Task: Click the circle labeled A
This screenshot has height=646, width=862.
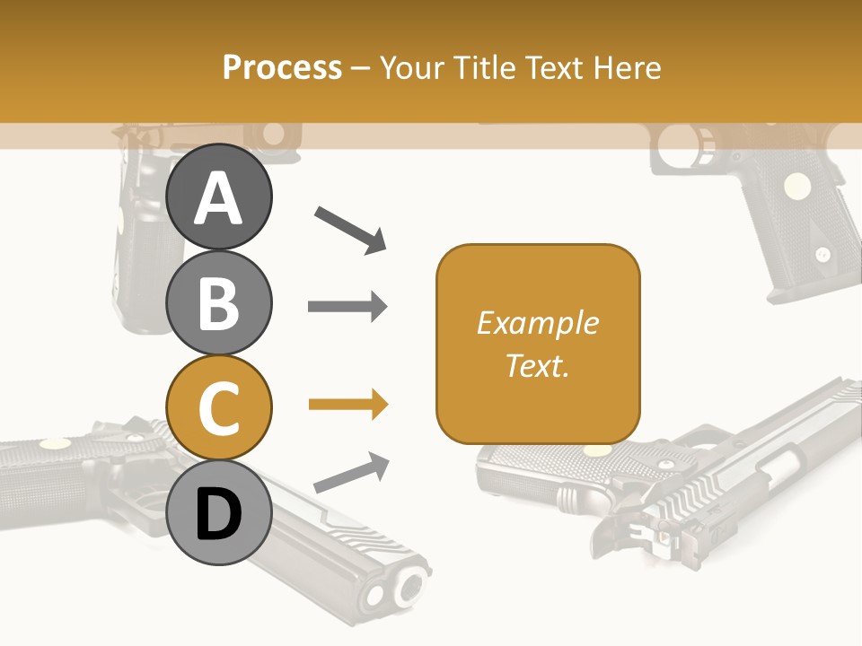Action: click(x=219, y=197)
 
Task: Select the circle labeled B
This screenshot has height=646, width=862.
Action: click(x=219, y=302)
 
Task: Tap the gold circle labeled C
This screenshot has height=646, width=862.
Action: click(x=219, y=407)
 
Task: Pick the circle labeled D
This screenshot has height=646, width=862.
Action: click(x=219, y=512)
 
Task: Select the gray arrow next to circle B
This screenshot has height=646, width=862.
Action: click(x=347, y=307)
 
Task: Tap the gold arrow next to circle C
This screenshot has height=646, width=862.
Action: click(x=347, y=406)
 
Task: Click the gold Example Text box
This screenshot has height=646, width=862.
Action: click(x=538, y=344)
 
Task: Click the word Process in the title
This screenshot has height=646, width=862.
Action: click(x=282, y=68)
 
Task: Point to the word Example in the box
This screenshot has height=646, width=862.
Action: click(x=537, y=323)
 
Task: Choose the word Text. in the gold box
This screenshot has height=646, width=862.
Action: click(x=537, y=365)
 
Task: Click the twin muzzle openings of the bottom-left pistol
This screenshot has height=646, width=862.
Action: click(x=396, y=589)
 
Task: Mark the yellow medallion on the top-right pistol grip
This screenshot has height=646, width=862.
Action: click(x=794, y=186)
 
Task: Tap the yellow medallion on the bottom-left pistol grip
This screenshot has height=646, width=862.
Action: click(x=54, y=442)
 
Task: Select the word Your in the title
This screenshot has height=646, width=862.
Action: click(x=413, y=68)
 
